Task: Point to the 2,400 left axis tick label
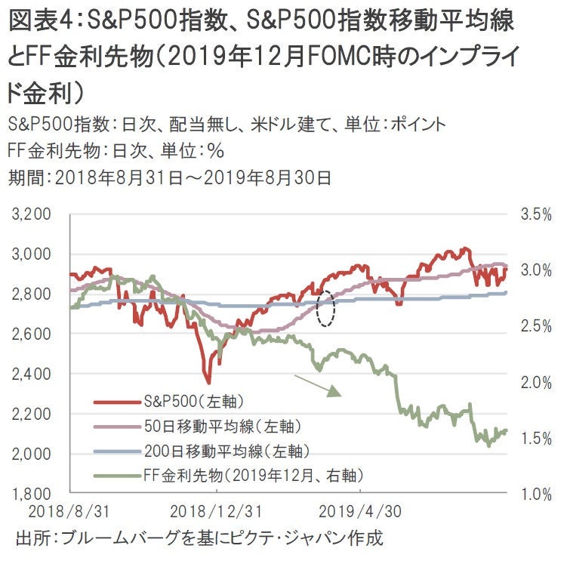tap(32, 374)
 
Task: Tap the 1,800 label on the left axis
tap(32, 494)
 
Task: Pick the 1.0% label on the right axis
tap(537, 494)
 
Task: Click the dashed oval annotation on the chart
tap(326, 308)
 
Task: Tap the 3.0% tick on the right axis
tap(537, 270)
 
